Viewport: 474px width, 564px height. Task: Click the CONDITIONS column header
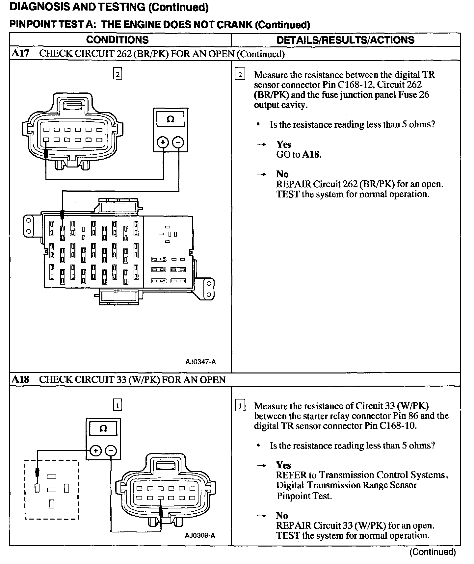tap(117, 40)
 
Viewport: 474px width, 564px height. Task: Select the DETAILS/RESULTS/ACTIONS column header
tap(345, 40)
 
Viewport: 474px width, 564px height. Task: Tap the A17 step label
tap(20, 54)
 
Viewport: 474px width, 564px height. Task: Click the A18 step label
tap(20, 379)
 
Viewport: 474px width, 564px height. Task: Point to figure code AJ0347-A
tap(200, 362)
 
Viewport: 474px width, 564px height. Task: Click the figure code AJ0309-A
tap(200, 535)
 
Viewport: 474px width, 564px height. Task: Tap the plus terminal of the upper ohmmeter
tap(163, 142)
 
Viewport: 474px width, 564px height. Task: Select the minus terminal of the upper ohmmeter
tap(178, 142)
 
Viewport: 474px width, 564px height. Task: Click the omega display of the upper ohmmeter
tap(171, 119)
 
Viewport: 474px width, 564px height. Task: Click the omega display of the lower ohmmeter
tap(103, 428)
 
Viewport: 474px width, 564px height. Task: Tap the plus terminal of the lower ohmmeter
tap(95, 451)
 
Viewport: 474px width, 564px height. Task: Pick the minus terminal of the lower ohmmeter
tap(111, 451)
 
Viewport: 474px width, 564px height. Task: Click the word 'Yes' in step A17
tap(283, 144)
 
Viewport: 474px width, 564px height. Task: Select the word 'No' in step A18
tap(282, 516)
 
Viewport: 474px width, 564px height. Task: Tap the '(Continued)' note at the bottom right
tap(433, 552)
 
